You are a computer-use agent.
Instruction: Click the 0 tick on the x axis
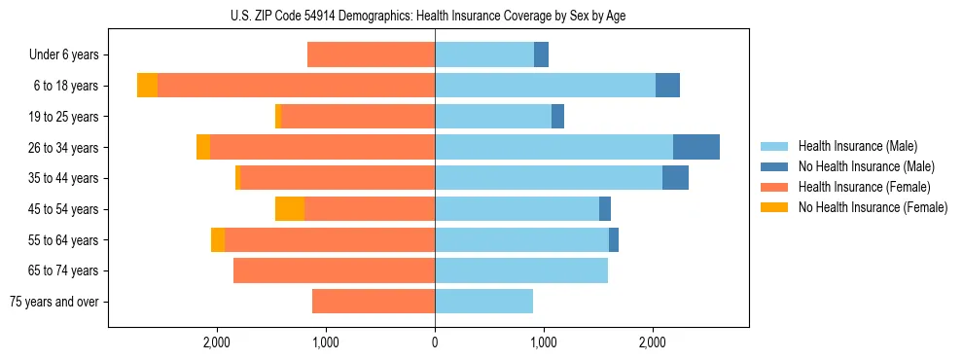[x=435, y=342]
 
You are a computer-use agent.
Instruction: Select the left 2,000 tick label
[x=216, y=342]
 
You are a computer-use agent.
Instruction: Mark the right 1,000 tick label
[x=544, y=342]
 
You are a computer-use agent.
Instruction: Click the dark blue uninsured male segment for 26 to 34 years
[x=695, y=147]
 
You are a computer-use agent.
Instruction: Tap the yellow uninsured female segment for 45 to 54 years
[x=290, y=208]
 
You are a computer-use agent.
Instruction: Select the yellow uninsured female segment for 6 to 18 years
[x=147, y=86]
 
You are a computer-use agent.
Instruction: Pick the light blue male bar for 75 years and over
[x=483, y=301]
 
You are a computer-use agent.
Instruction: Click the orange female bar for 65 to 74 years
[x=334, y=270]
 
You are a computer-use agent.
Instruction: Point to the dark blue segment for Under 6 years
[x=541, y=54]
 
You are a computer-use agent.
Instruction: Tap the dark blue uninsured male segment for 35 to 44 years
[x=675, y=178]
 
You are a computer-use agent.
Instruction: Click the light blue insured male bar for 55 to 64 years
[x=521, y=239]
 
